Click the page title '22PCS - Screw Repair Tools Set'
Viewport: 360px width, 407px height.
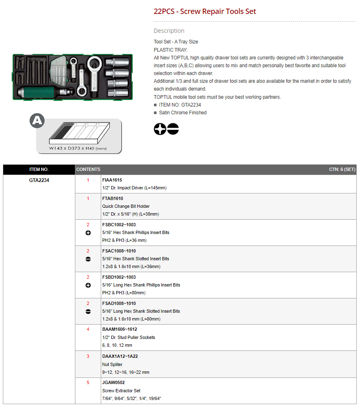click(205, 11)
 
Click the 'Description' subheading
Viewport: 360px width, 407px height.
click(169, 31)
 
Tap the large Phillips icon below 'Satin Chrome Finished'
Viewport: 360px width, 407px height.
click(160, 129)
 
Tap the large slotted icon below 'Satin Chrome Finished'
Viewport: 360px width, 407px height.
click(173, 129)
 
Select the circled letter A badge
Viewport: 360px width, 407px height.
click(37, 121)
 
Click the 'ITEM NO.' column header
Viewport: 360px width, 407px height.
click(39, 170)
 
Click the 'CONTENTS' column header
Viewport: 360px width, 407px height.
click(88, 170)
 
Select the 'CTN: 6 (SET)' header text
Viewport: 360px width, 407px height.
click(342, 170)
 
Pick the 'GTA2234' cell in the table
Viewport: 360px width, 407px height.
click(39, 180)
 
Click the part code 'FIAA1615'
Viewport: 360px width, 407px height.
click(112, 180)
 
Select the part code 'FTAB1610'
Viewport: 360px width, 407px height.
click(113, 198)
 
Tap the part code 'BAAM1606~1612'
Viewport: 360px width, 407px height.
click(120, 329)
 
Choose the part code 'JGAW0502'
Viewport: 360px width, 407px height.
click(113, 382)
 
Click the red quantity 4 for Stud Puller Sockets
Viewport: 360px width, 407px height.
click(88, 329)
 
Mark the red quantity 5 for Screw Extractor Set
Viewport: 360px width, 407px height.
click(88, 382)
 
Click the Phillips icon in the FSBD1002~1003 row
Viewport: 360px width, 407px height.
click(88, 285)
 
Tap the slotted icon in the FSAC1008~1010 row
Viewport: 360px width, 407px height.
click(88, 259)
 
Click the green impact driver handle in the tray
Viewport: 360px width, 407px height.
click(39, 92)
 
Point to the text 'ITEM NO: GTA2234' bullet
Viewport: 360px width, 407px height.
click(180, 105)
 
